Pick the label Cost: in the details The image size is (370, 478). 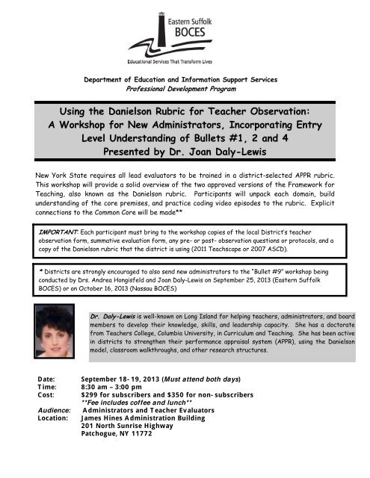point(46,399)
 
